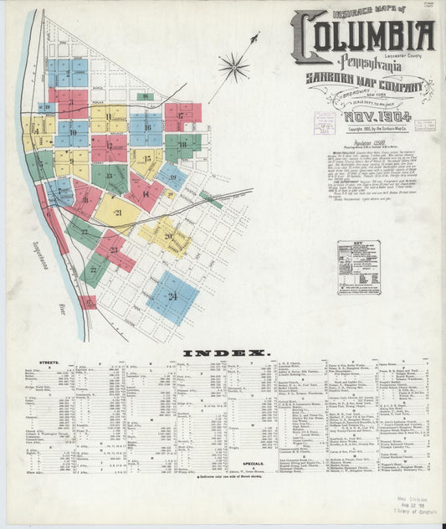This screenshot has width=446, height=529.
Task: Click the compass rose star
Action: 233,64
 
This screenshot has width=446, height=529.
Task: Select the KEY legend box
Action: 358,267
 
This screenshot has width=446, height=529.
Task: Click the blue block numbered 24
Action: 172,296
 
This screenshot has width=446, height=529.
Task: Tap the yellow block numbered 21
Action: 117,213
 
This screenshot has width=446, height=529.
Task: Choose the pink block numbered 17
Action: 182,116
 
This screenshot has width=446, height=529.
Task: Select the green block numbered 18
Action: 182,144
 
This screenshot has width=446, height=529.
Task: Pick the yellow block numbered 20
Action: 168,236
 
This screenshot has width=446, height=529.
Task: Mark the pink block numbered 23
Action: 114,250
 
